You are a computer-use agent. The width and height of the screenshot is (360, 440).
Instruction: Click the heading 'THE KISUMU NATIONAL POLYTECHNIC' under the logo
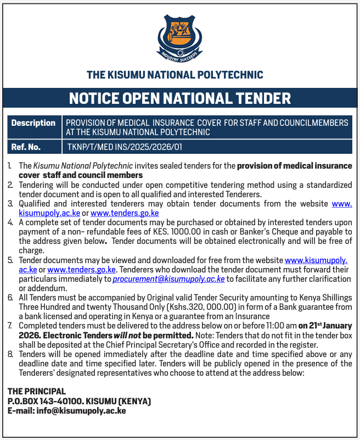175,75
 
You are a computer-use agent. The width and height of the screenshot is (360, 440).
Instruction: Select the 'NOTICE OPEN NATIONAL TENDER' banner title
180,98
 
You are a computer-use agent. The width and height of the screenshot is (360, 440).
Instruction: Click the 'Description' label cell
33,123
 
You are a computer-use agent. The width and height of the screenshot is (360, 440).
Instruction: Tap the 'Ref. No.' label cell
26,147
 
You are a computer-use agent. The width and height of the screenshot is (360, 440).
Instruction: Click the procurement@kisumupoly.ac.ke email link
168,279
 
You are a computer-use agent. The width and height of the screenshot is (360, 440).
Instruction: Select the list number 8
10,354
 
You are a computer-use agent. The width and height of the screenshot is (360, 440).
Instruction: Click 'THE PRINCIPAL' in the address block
36,391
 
